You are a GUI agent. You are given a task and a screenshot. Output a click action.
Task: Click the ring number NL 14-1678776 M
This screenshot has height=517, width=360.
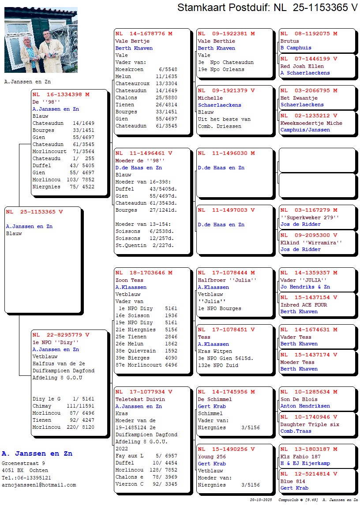tap(144, 34)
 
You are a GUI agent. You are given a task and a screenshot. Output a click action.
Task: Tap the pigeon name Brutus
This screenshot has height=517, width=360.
tap(290, 41)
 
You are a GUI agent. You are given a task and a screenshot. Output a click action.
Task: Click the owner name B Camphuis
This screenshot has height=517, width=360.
tap(296, 48)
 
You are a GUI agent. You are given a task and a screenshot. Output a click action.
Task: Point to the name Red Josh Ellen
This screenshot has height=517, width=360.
tap(302, 66)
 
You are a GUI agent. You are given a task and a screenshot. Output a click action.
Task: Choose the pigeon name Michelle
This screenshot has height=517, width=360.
tap(210, 98)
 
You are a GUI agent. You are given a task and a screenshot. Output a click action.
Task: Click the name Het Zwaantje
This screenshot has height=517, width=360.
tap(299, 98)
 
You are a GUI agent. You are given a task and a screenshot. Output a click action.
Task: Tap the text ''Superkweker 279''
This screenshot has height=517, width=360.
tap(310, 217)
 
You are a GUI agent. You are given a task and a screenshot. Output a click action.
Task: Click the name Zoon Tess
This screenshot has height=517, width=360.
tap(129, 280)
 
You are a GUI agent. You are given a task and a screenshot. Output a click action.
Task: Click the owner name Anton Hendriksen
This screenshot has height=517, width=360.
tap(305, 406)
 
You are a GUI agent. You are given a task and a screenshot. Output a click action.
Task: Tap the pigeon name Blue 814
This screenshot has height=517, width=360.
tap(292, 481)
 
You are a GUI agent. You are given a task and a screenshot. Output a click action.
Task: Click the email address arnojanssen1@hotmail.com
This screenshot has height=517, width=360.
tap(39, 485)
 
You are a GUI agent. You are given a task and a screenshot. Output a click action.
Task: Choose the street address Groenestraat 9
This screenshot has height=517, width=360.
tap(23, 464)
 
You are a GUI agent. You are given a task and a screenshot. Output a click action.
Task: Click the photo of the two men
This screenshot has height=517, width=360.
tap(41, 40)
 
